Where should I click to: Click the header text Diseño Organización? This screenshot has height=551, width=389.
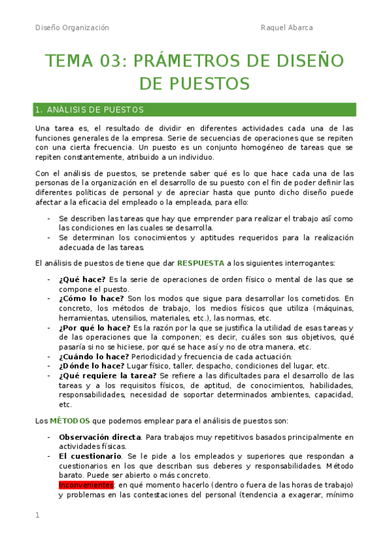click(x=72, y=28)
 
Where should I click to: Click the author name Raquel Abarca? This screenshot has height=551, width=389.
click(x=286, y=28)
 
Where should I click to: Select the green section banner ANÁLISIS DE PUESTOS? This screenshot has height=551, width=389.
click(x=195, y=110)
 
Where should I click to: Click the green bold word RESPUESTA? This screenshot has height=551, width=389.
click(x=201, y=263)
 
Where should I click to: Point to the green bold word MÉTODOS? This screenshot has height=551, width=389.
click(x=71, y=420)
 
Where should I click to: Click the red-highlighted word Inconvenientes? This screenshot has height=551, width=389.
click(x=86, y=485)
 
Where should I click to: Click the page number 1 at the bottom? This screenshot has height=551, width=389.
click(x=37, y=515)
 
